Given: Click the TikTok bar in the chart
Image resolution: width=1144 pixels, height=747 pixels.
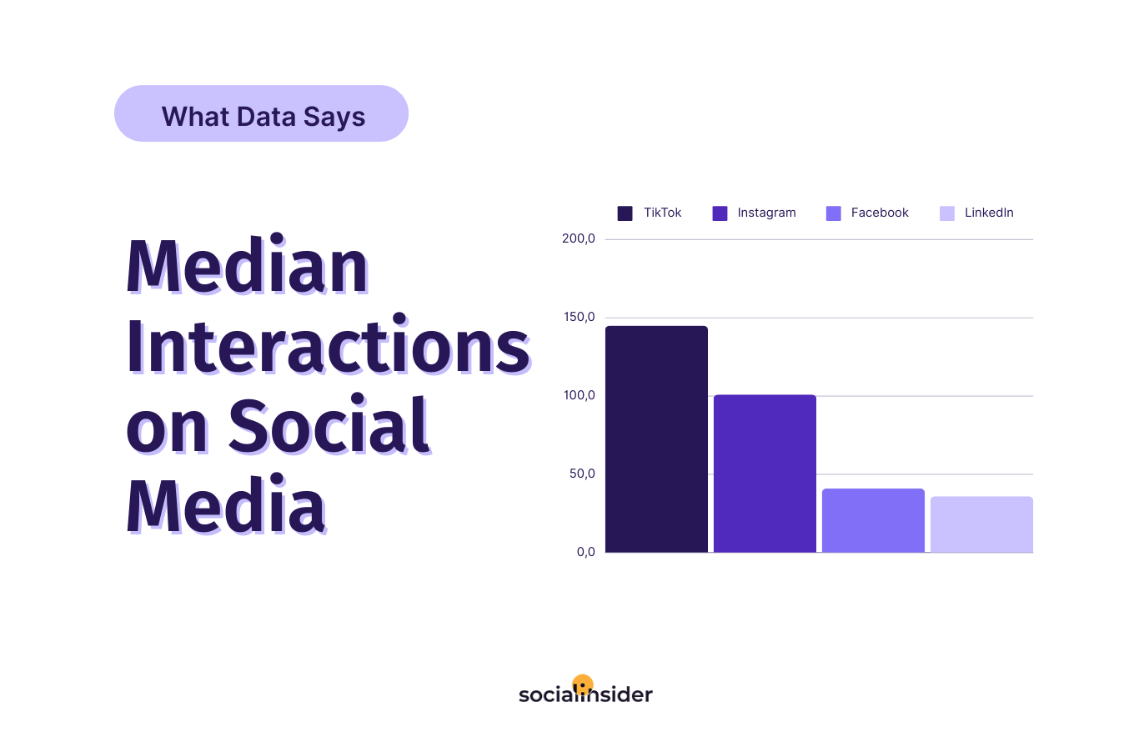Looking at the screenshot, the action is (x=656, y=439).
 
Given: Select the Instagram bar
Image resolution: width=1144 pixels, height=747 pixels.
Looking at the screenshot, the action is (x=765, y=474).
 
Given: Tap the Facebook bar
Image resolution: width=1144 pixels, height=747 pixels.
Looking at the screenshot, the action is (x=873, y=520).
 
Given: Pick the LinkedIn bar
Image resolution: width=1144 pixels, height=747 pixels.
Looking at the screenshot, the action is (x=981, y=524).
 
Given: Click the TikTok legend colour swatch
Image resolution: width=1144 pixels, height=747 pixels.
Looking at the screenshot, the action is (x=625, y=213).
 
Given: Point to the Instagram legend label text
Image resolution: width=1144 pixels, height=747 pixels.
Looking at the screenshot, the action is (x=766, y=213).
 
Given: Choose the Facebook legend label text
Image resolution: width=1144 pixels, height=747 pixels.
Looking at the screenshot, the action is (x=880, y=213).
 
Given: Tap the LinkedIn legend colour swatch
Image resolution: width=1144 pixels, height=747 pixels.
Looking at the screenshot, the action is (x=947, y=213).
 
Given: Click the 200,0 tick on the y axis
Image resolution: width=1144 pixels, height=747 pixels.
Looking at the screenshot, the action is (x=579, y=239).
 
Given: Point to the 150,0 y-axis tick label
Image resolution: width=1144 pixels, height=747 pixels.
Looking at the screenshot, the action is (x=580, y=317).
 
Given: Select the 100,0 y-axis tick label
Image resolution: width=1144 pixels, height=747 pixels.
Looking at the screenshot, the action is (x=580, y=396).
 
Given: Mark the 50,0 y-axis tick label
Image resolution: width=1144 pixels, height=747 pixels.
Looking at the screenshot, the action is (x=582, y=474).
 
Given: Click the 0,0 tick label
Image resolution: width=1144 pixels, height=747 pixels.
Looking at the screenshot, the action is (x=586, y=552).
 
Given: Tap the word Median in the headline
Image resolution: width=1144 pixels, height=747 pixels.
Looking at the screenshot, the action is (x=248, y=264).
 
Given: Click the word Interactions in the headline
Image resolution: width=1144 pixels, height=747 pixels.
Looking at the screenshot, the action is (x=329, y=344).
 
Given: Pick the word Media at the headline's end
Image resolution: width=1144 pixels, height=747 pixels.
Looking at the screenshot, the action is (x=226, y=504).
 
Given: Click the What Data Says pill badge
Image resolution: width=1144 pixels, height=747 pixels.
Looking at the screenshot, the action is (x=262, y=113).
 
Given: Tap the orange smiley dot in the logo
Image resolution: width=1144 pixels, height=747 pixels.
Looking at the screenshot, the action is (x=583, y=684).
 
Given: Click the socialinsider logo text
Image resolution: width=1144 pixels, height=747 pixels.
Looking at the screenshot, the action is (x=586, y=694).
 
